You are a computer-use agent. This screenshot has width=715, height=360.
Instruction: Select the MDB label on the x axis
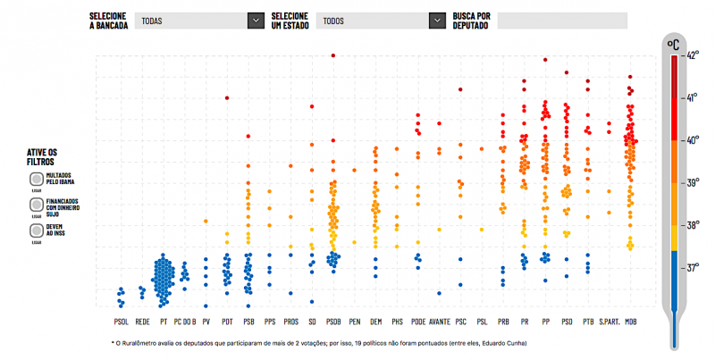coord(631,320)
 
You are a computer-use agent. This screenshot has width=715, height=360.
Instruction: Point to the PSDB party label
coord(333,320)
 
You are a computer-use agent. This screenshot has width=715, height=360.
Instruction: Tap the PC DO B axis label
coord(184,320)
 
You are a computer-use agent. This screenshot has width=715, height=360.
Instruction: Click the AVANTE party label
coord(439,320)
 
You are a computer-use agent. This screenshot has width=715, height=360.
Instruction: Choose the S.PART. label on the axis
coord(610,320)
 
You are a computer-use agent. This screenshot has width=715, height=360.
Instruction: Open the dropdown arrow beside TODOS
coord(437,20)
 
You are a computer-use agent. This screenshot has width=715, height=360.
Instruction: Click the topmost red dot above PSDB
coord(333,55)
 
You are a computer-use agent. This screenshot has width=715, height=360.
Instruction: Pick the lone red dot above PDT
coord(227,97)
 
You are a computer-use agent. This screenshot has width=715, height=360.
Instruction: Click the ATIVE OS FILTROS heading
coord(42,157)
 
